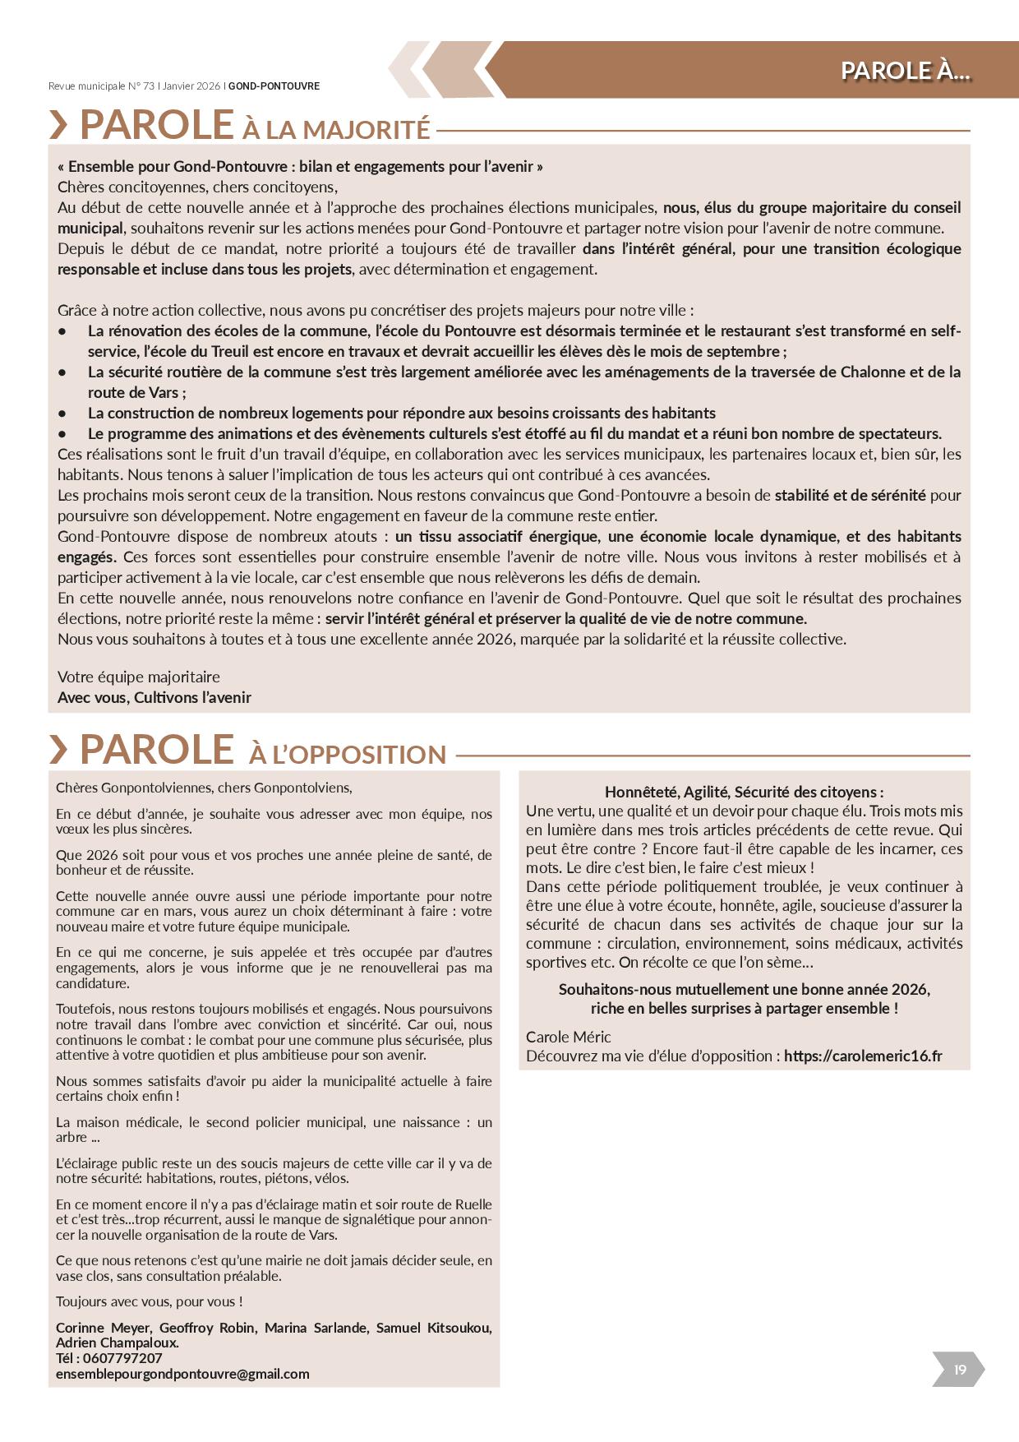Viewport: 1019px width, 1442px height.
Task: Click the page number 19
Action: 959,1369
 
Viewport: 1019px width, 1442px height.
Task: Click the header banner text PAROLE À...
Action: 905,71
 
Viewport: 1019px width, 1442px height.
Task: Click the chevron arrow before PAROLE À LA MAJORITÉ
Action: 59,125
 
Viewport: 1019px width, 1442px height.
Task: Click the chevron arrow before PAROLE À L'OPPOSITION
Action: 59,749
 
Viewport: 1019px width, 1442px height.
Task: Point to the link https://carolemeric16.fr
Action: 863,1056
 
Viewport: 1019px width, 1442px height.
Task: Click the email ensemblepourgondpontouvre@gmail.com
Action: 182,1374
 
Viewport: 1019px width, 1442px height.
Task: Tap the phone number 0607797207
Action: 122,1358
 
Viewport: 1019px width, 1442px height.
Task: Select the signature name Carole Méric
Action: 569,1037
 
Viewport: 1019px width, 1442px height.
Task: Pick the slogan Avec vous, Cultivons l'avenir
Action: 154,697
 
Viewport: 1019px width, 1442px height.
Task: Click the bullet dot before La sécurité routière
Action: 62,372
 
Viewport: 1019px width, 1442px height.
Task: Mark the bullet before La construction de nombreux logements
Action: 62,414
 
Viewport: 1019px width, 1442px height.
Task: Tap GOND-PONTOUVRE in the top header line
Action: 274,86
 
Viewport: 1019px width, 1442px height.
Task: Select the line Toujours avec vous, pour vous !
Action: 149,1301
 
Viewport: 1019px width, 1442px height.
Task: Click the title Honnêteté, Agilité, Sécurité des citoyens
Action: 744,792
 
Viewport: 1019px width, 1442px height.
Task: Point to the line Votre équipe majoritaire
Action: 139,677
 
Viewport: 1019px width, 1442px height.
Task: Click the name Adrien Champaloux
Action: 117,1343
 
